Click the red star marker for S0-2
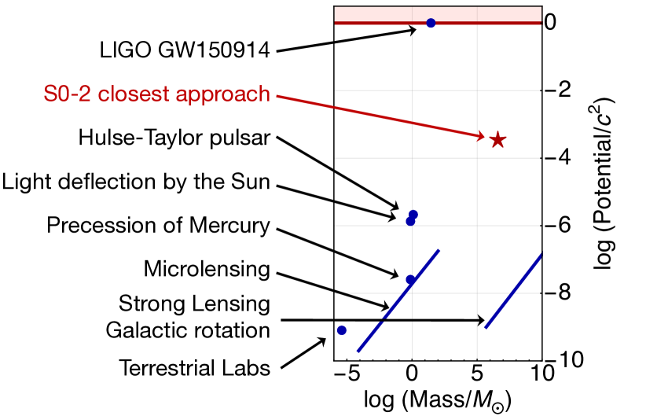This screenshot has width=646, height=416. pos(497,140)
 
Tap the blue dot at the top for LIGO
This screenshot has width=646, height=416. pos(431,23)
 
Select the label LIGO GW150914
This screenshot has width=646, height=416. pos(185,50)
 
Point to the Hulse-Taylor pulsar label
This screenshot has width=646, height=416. pos(174,138)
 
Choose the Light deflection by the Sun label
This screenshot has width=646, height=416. pos(136,182)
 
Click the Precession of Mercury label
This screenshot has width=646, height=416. pos(158,226)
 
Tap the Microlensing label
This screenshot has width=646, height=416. pos(207,270)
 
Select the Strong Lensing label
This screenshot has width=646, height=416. pos(194,303)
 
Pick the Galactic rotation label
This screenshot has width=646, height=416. pos(188,329)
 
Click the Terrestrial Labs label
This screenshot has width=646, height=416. pos(195,367)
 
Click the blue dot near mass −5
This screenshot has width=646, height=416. pos(342,330)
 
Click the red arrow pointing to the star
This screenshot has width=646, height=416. pos(377,116)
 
